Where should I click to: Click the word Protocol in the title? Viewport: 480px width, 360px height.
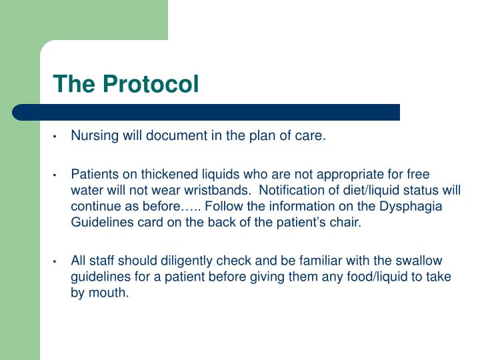click(x=151, y=83)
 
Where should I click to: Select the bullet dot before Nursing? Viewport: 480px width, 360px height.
click(x=55, y=137)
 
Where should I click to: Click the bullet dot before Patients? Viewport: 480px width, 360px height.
click(x=55, y=175)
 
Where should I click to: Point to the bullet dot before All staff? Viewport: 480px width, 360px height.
click(x=55, y=262)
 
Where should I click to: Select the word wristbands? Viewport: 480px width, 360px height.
click(x=217, y=190)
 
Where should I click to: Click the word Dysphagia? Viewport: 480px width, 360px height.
click(x=411, y=207)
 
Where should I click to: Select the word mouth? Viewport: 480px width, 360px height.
click(x=109, y=293)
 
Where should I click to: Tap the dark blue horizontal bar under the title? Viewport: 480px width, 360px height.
click(x=206, y=113)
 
